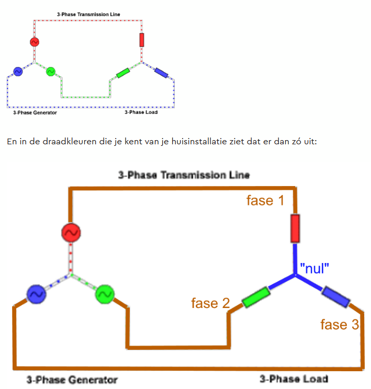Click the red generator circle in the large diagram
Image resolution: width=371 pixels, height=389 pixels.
[x=71, y=233]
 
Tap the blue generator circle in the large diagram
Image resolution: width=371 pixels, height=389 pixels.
[x=36, y=294]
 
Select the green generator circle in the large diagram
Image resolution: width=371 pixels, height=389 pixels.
[x=105, y=294]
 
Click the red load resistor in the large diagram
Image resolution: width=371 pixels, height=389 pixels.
[x=295, y=228]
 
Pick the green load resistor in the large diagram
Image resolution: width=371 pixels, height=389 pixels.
[x=256, y=297]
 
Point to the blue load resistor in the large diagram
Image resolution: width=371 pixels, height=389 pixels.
[x=336, y=296]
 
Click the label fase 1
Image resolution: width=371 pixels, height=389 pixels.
[x=265, y=200]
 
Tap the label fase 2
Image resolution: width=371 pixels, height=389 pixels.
[x=210, y=303]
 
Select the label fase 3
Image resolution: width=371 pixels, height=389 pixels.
[x=340, y=325]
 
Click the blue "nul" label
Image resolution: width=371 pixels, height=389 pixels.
[x=314, y=268]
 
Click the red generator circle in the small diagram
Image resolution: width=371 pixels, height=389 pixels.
[x=35, y=42]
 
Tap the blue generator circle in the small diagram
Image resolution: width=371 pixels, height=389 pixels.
[x=18, y=72]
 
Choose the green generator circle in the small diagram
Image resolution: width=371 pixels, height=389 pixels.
[x=51, y=72]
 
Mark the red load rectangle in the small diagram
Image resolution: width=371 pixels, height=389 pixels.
[x=142, y=40]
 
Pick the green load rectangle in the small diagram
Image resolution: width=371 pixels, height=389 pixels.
[x=123, y=73]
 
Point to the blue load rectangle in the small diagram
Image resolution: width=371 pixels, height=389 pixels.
[x=161, y=73]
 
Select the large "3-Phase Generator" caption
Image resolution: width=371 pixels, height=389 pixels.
[x=72, y=380]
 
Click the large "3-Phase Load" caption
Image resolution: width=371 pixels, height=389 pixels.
[x=294, y=379]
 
